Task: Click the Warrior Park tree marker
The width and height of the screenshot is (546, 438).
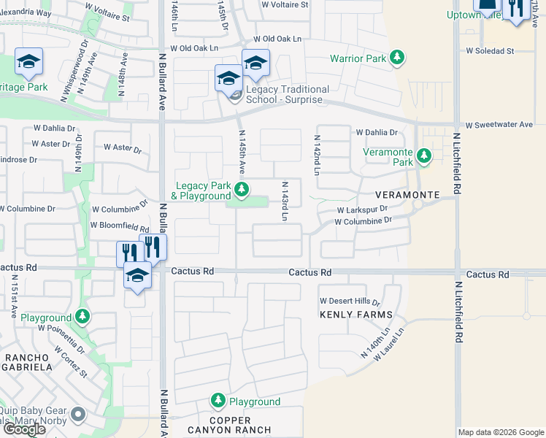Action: (x=396, y=58)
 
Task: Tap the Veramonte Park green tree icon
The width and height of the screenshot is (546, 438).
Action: (x=423, y=155)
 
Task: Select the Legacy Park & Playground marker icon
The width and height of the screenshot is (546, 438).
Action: (x=242, y=191)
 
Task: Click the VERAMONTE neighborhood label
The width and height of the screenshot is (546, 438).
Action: (x=407, y=196)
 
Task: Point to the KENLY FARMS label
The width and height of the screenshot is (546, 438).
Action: (x=356, y=315)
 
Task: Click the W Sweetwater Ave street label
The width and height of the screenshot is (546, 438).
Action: (x=499, y=125)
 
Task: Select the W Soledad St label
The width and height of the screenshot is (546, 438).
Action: (x=490, y=51)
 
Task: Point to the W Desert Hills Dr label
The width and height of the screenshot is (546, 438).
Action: (x=350, y=301)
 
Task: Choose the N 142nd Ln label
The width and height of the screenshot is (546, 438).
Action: (x=317, y=155)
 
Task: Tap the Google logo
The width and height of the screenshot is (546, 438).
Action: (x=24, y=429)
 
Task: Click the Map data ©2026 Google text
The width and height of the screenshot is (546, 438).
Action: (x=501, y=432)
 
